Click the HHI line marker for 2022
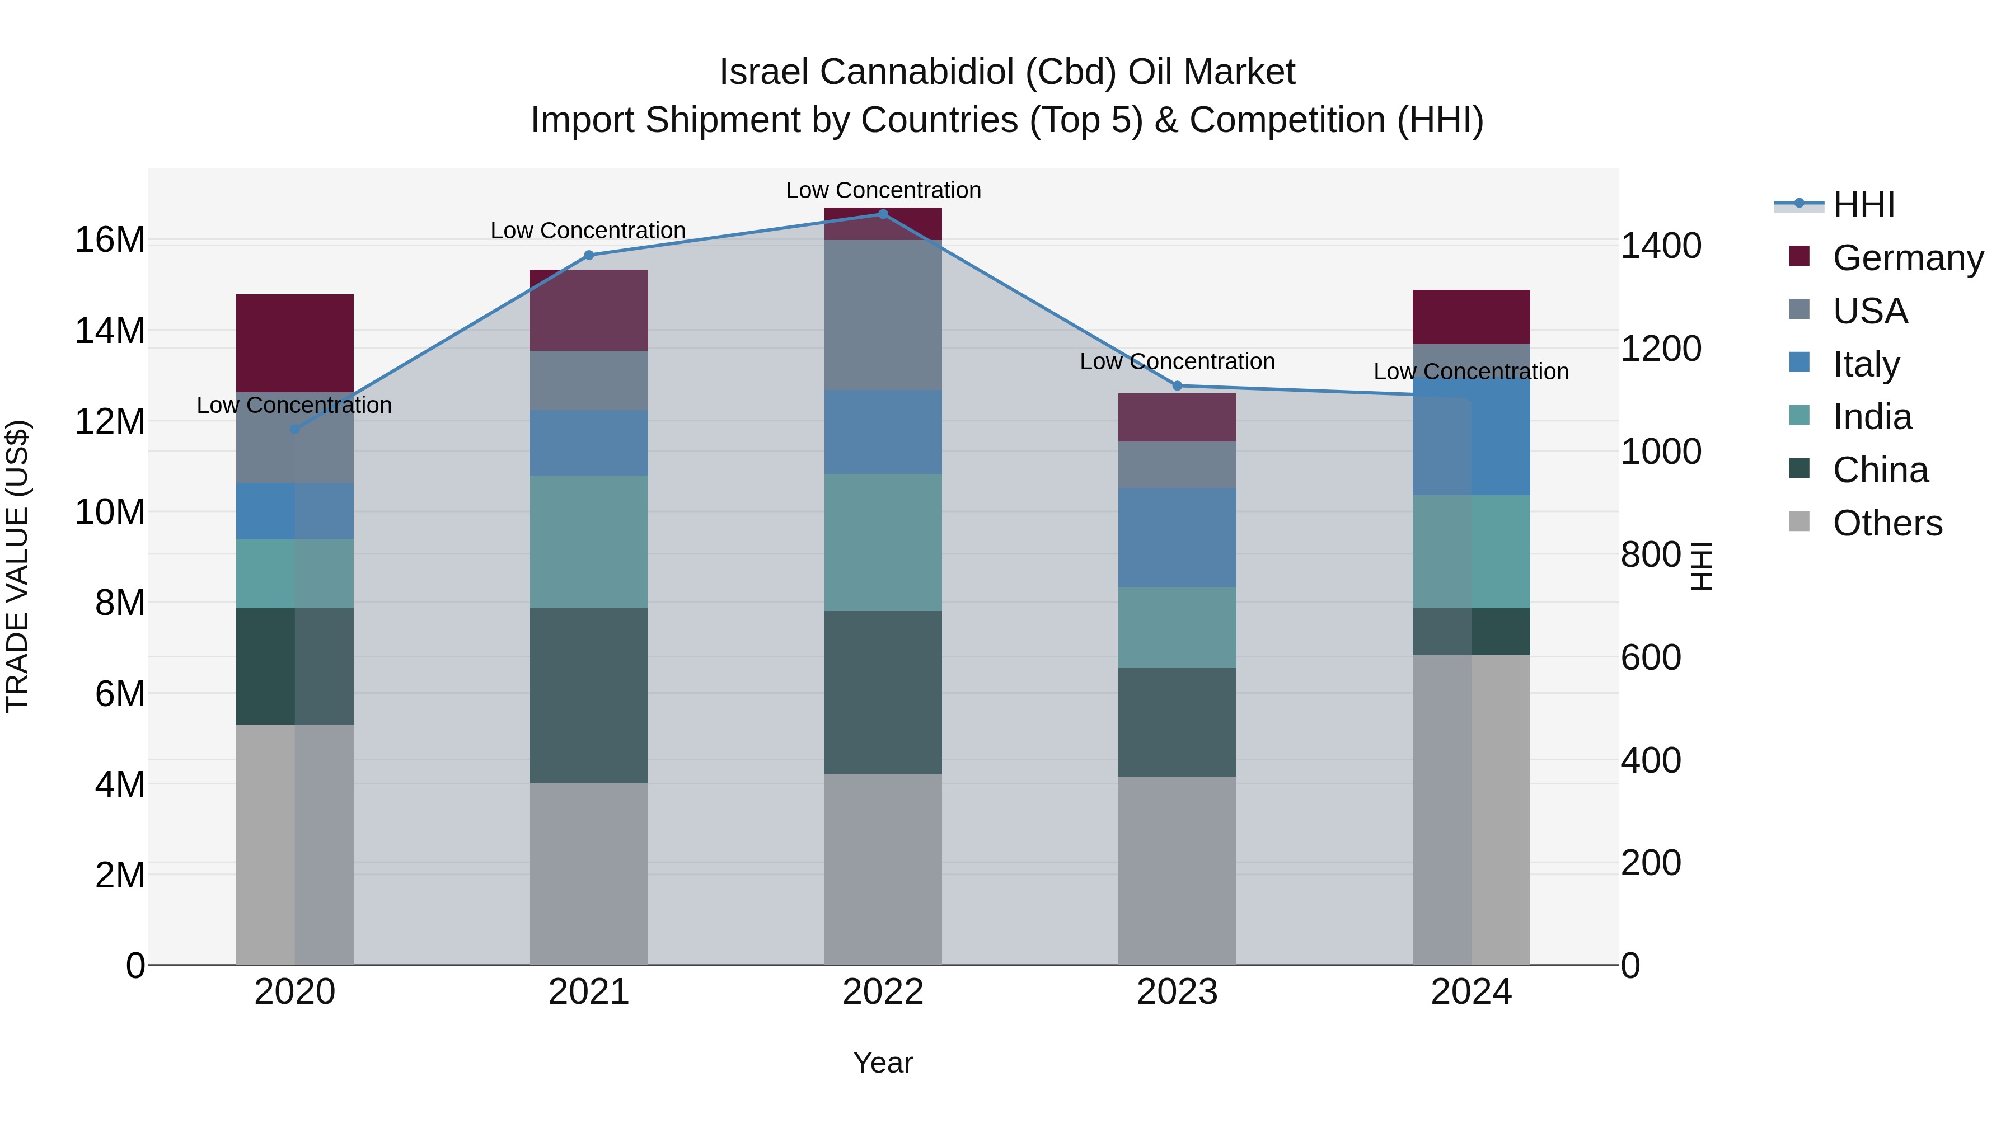pos(883,214)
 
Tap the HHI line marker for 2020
pos(295,429)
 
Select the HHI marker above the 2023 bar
pos(1177,385)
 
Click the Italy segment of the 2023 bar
pos(1177,537)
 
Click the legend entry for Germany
pos(1907,258)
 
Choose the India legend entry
pos(1871,417)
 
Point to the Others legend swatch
pos(1799,521)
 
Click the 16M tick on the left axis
pos(110,239)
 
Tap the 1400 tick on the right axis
pos(1661,246)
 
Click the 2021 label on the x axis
pos(589,991)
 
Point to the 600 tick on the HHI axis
pos(1651,657)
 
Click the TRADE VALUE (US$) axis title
pos(17,566)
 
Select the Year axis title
pos(883,1063)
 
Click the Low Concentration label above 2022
pos(883,190)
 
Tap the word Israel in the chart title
pos(763,72)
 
